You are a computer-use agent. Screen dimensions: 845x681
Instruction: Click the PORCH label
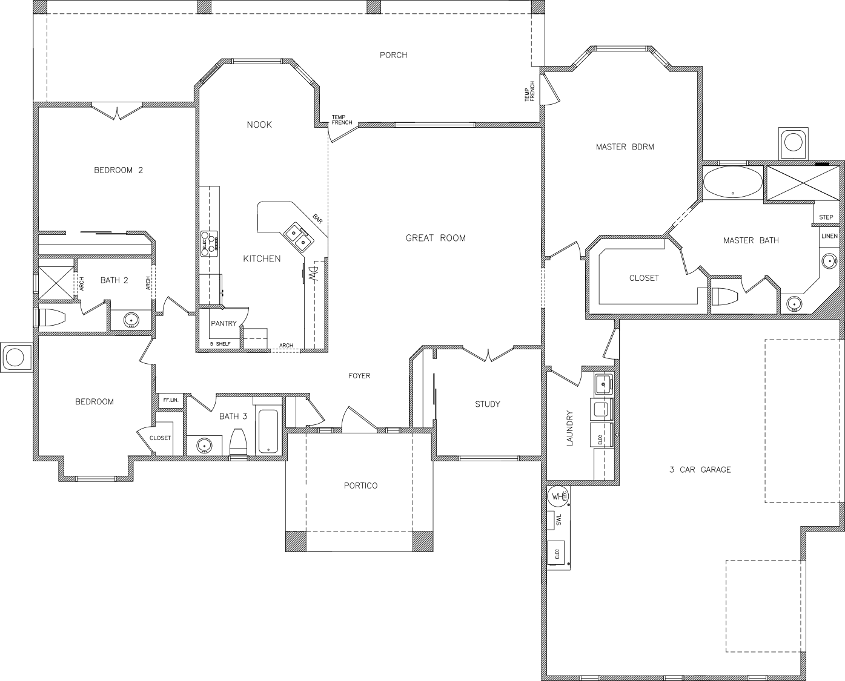click(x=393, y=55)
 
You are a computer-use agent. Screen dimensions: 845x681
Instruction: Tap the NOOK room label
click(x=259, y=125)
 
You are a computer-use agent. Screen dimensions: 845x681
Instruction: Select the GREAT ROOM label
click(x=436, y=238)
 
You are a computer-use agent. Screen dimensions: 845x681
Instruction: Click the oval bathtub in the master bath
click(x=732, y=182)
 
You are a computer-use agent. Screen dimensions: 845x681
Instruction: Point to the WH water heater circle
click(x=558, y=496)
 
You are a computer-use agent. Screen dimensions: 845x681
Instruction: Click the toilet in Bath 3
click(x=238, y=441)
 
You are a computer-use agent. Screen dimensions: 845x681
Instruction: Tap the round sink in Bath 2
click(x=131, y=321)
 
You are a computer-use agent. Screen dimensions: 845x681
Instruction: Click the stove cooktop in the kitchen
click(x=210, y=243)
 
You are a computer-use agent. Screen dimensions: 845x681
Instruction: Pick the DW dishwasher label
click(x=313, y=275)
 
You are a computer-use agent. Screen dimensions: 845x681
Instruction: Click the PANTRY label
click(x=224, y=323)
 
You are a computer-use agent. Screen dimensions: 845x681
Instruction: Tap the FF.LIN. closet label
click(x=171, y=400)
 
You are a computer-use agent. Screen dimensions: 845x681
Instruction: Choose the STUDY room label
click(x=487, y=404)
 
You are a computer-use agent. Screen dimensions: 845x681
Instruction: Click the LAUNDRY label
click(x=570, y=428)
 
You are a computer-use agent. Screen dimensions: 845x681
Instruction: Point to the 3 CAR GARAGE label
click(x=700, y=470)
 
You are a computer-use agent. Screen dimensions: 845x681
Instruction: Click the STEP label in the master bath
click(x=826, y=217)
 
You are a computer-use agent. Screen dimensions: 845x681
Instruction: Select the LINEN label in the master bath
click(x=830, y=236)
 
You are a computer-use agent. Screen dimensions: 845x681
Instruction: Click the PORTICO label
click(x=360, y=486)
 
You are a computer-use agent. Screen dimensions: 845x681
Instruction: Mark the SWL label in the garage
click(x=558, y=520)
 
